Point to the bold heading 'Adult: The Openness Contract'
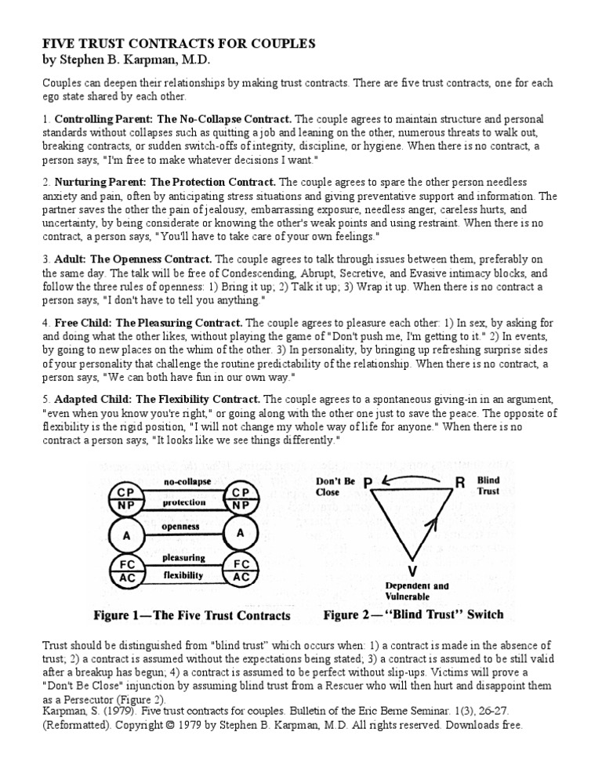[133, 259]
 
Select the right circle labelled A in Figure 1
[241, 534]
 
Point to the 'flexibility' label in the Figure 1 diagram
[183, 574]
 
